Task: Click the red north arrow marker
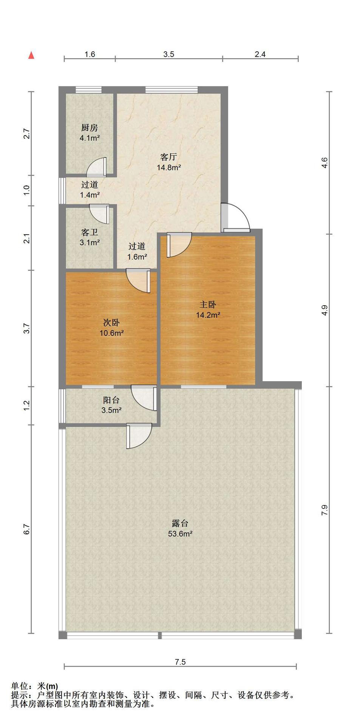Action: (32, 56)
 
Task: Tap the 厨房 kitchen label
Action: (90, 128)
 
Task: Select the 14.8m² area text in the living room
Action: (169, 167)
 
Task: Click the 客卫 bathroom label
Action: (90, 232)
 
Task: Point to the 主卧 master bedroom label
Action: (208, 305)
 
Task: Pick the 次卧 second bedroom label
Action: (112, 323)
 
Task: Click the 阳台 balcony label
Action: (111, 400)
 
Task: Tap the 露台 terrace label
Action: (180, 523)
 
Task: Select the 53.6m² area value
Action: (180, 534)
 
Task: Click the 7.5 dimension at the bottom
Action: (180, 662)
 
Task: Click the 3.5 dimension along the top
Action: (168, 54)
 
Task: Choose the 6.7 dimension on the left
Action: (26, 529)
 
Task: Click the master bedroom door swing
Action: (179, 245)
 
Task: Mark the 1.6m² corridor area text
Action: (137, 257)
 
